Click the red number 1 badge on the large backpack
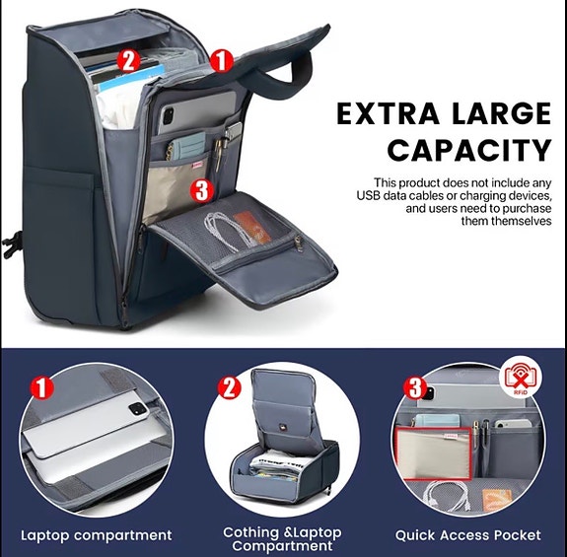pyautogui.click(x=223, y=61)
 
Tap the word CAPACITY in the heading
pyautogui.click(x=468, y=151)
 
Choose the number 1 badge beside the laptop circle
pyautogui.click(x=41, y=387)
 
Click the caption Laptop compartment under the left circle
pyautogui.click(x=97, y=535)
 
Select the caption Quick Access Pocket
pyautogui.click(x=468, y=535)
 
